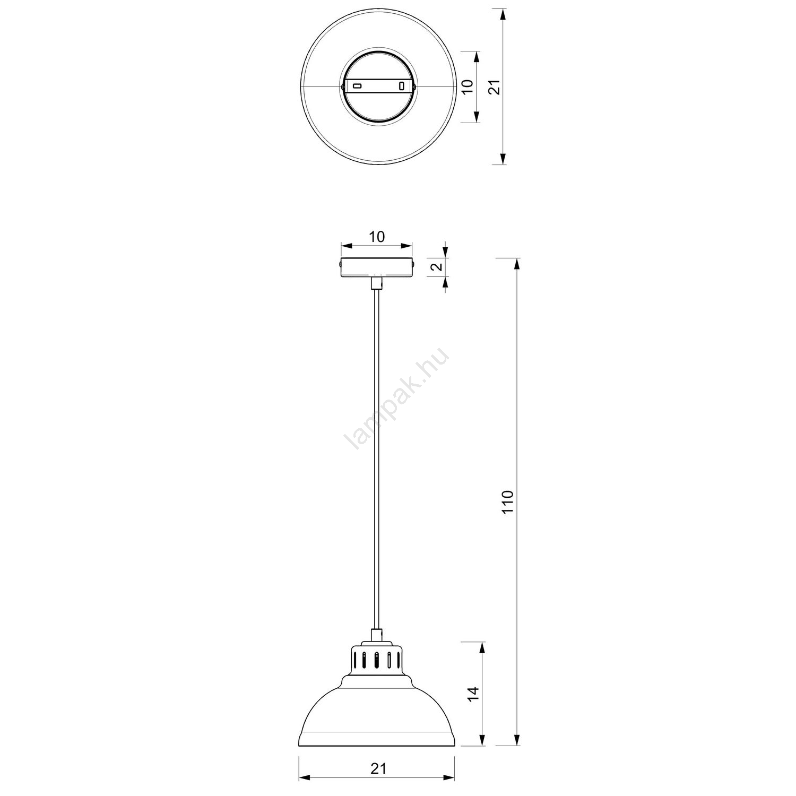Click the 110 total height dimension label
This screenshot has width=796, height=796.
[x=508, y=501]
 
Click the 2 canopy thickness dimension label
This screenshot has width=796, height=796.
[x=437, y=267]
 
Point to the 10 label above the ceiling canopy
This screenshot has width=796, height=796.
[x=377, y=237]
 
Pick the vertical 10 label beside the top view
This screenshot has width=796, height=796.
[x=468, y=87]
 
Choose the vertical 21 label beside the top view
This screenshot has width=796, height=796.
[x=495, y=87]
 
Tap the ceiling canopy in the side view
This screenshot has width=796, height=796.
[x=376, y=267]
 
